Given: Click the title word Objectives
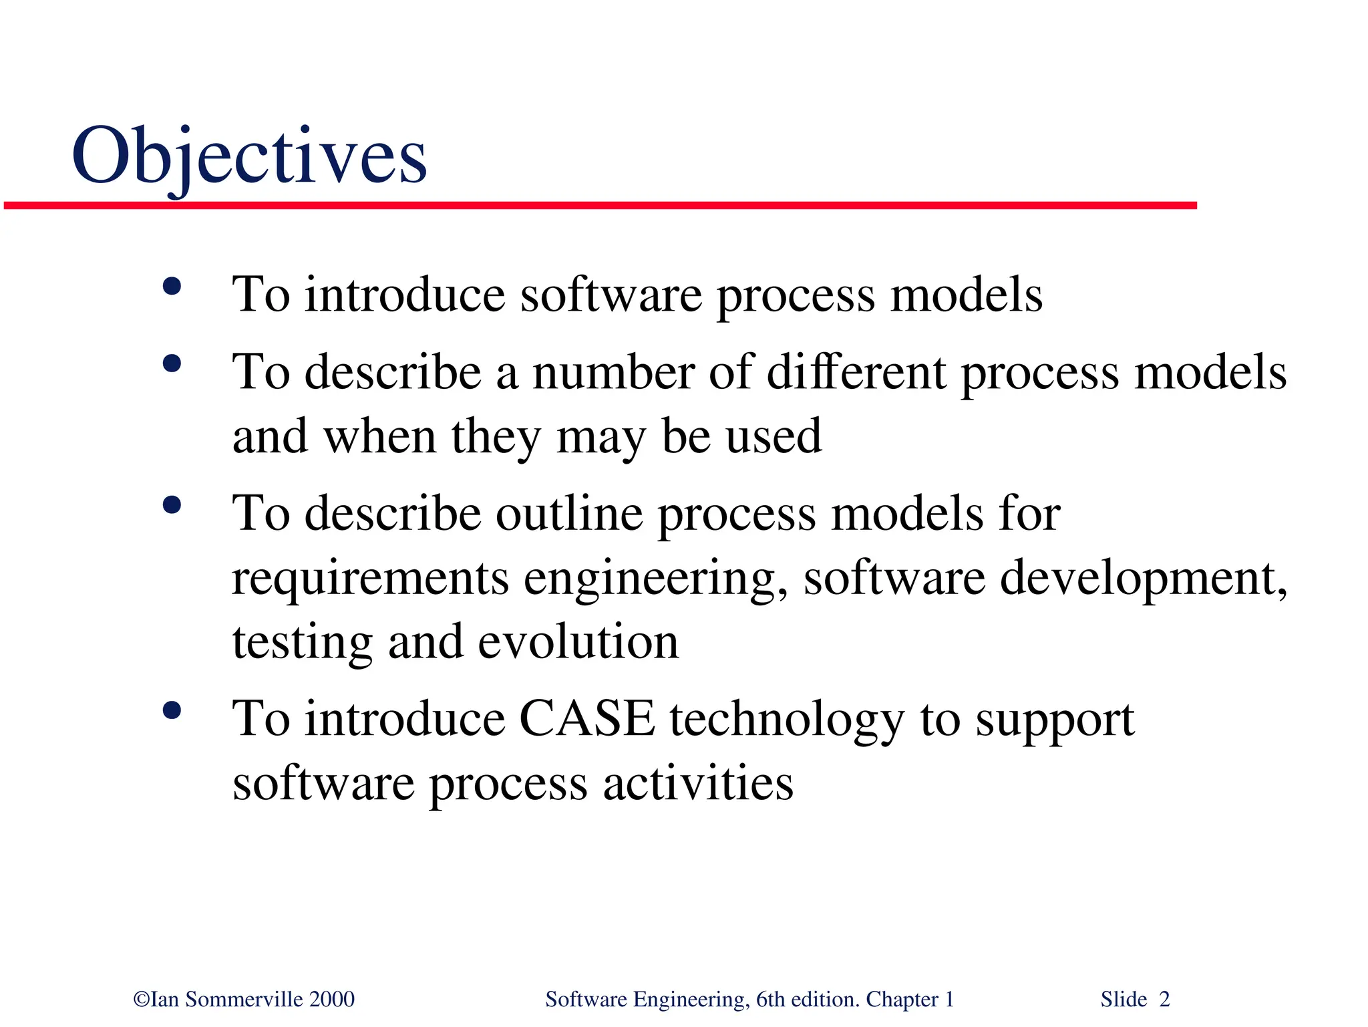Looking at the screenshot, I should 248,157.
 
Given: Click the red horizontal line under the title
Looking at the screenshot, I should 600,206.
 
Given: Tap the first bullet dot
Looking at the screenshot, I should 172,287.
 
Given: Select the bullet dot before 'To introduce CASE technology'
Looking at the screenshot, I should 172,710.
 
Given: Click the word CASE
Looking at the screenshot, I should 586,719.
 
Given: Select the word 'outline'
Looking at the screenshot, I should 569,514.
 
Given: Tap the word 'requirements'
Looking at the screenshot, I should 370,579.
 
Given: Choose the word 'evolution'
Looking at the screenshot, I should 578,642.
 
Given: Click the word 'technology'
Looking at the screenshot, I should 787,720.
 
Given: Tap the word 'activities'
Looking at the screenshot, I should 698,783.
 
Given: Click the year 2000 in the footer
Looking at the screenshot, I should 332,1000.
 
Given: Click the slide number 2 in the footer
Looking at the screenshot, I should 1164,1000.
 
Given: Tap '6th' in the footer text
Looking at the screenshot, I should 770,1000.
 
